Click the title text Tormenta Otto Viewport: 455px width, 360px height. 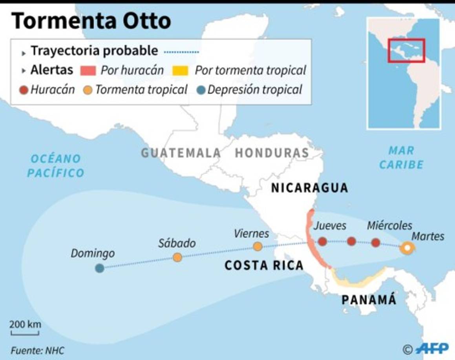tap(91, 21)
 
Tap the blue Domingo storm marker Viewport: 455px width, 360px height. tap(100, 268)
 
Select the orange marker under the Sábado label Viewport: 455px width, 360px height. tap(177, 257)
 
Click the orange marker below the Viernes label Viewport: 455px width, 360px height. tap(258, 247)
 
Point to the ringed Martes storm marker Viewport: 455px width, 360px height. tap(407, 248)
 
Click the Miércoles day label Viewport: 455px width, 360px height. tap(389, 225)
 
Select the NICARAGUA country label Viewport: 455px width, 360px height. tap(309, 188)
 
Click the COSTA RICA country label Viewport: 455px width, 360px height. tap(264, 265)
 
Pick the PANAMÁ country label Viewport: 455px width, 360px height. tap(368, 300)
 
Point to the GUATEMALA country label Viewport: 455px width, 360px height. tap(181, 153)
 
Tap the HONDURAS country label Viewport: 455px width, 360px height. tap(272, 153)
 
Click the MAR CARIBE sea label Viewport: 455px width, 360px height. tap(401, 157)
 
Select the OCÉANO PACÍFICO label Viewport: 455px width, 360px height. tap(56, 165)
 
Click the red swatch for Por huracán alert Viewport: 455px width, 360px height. tap(88, 71)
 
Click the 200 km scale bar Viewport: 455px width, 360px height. tap(25, 333)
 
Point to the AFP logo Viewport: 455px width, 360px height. tap(432, 348)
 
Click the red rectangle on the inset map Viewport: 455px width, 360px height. tap(406, 50)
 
